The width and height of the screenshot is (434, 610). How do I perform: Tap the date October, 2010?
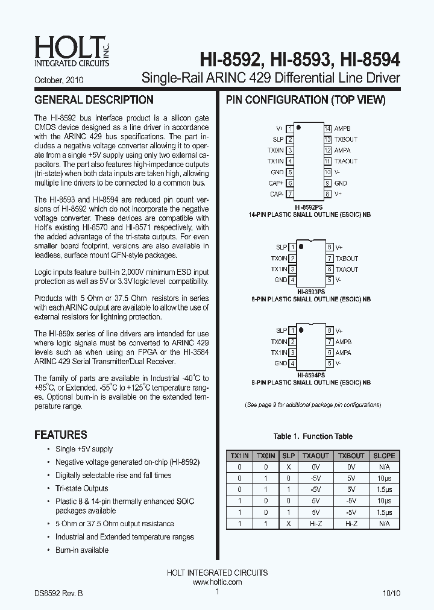[58, 80]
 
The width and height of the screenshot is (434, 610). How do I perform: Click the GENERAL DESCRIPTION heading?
[94, 100]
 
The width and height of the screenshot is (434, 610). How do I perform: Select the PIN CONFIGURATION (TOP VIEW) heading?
[306, 100]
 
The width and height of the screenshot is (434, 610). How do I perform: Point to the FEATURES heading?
[61, 435]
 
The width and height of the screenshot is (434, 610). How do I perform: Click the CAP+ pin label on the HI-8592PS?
[276, 183]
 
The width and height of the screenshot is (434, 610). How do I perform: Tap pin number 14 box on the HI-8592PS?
[328, 129]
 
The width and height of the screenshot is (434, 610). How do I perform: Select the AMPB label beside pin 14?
[342, 129]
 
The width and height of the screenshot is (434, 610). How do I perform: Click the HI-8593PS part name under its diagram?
[310, 290]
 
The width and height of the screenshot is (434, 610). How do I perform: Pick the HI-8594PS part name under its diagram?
[310, 374]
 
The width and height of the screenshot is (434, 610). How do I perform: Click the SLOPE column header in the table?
[384, 456]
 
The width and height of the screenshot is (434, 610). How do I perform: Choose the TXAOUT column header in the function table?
[315, 456]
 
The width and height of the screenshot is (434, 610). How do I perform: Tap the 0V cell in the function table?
[315, 467]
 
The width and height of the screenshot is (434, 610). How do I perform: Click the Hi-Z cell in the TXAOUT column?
[315, 524]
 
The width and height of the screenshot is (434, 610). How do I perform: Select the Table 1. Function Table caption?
[313, 436]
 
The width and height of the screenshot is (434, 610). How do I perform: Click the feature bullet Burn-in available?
[82, 550]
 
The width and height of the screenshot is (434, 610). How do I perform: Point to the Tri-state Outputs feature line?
[82, 488]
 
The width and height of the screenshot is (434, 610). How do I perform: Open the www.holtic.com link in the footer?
[217, 582]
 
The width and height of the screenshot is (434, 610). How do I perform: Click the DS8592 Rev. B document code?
[58, 593]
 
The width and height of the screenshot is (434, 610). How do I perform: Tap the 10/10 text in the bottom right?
[391, 593]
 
